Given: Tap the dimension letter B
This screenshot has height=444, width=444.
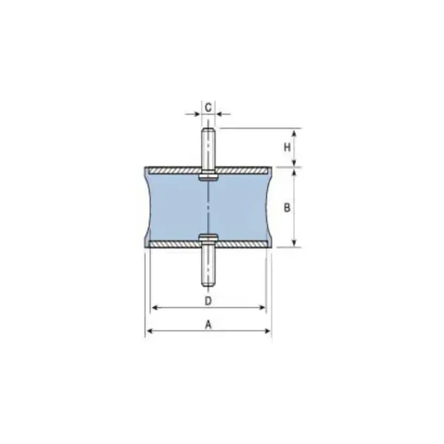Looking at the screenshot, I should (286, 208).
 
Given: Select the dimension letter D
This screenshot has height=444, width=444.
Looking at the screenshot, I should (209, 300).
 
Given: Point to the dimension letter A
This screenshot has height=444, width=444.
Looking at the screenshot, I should (209, 324).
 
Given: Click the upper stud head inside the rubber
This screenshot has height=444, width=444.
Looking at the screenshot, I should (209, 178).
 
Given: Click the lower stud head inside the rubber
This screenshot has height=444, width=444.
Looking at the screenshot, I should (209, 238).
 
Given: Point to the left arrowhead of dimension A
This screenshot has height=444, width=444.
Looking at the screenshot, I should (148, 331).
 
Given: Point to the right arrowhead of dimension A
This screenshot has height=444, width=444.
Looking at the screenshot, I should (269, 331).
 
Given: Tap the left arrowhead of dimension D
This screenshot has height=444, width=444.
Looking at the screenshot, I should (153, 307).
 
